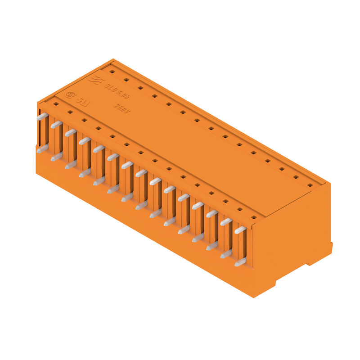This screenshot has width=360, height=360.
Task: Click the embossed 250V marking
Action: [x=121, y=108]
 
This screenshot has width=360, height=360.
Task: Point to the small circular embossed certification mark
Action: [x=70, y=94]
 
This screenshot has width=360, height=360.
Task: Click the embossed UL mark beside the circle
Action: [x=83, y=101]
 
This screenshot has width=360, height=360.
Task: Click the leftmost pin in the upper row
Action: [x=42, y=116]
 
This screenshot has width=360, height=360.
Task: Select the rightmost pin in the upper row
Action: [x=240, y=230]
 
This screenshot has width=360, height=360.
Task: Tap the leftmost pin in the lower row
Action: [x=42, y=148]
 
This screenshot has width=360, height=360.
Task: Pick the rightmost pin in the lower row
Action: [x=240, y=262]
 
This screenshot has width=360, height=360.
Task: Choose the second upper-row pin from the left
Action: [x=56, y=124]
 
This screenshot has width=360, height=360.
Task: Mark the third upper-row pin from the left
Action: [x=70, y=132]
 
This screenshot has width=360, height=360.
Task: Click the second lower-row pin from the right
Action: [x=226, y=254]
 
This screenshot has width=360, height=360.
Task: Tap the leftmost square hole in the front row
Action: [x=56, y=104]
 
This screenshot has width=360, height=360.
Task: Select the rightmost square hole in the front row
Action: [x=254, y=218]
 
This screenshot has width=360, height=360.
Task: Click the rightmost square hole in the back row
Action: [x=310, y=184]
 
